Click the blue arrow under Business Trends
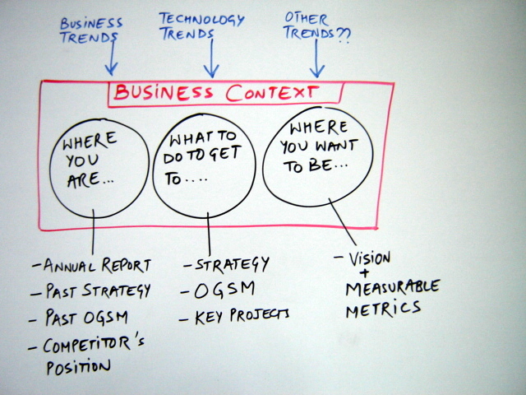pyautogui.click(x=112, y=59)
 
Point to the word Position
pyautogui.click(x=78, y=365)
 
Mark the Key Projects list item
pyautogui.click(x=242, y=314)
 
